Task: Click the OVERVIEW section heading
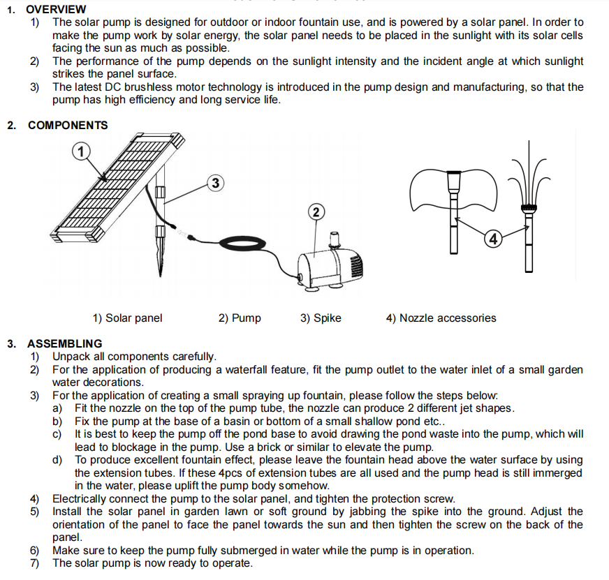[57, 9]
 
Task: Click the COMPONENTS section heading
[68, 126]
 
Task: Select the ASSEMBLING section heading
[64, 343]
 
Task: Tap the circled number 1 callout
[82, 151]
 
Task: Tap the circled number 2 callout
[316, 211]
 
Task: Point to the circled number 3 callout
[216, 184]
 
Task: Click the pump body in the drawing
[328, 265]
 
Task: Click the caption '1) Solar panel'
[127, 318]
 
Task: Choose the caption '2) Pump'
[240, 318]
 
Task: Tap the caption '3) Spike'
[321, 318]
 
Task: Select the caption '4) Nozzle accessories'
[441, 318]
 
